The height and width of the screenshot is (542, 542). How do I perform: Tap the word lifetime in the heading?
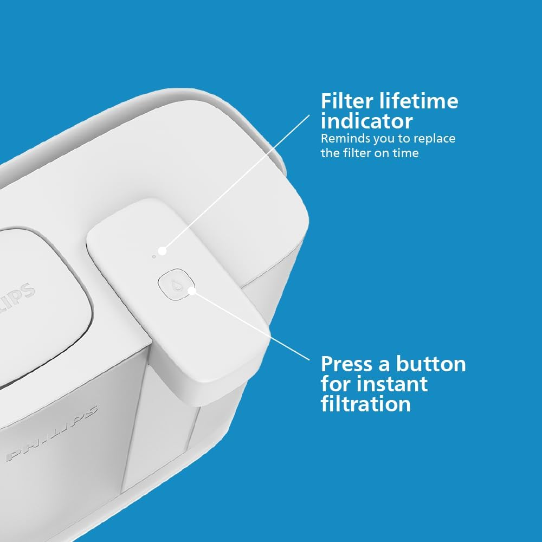417,101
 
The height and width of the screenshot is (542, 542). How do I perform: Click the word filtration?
366,404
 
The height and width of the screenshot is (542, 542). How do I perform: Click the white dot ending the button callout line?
191,291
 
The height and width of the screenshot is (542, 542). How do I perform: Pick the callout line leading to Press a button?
249,325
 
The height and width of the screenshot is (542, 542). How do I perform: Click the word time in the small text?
406,153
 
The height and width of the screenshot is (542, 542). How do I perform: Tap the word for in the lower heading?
335,384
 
